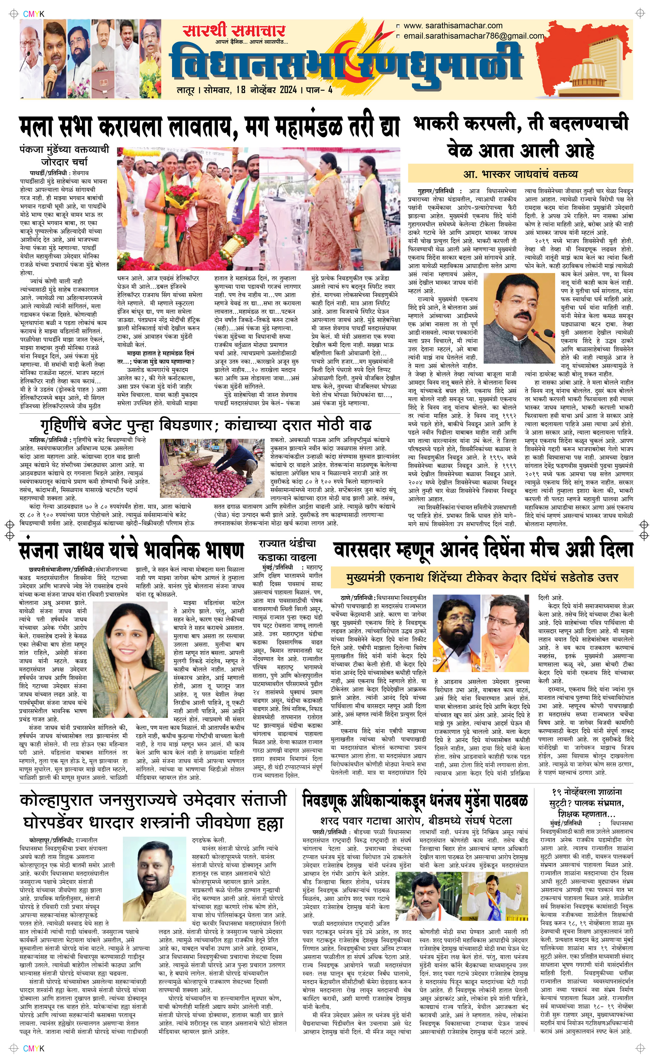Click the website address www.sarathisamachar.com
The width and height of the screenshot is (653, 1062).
(453, 26)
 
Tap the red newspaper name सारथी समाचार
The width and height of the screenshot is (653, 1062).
(233, 31)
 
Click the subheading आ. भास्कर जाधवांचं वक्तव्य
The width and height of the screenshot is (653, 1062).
(520, 174)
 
